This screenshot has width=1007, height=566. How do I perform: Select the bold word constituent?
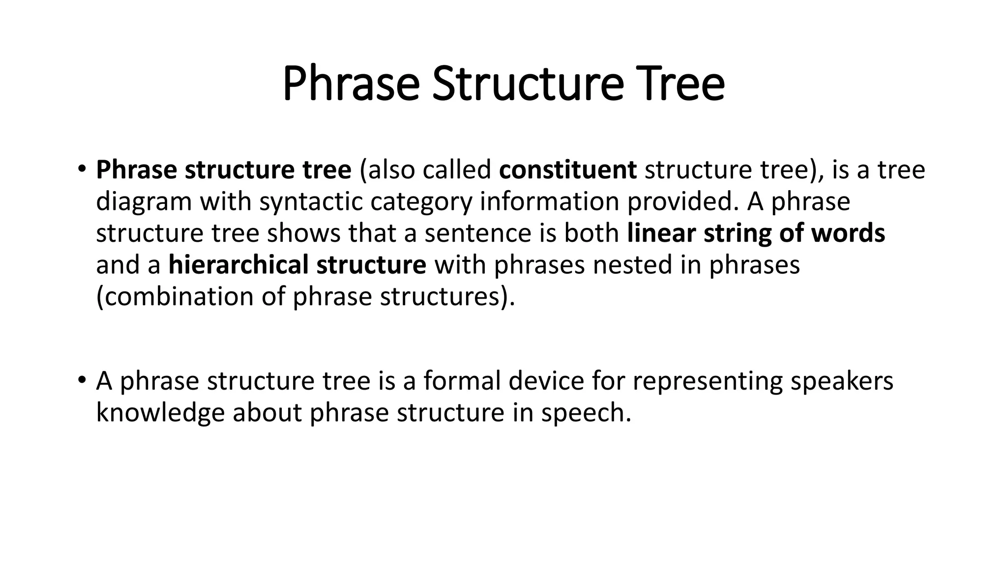[567, 170]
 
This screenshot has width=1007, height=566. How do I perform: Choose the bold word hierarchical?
[238, 265]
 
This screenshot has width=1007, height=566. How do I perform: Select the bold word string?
[737, 233]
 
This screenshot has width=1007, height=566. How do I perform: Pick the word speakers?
[841, 381]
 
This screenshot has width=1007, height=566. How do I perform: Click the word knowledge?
[160, 413]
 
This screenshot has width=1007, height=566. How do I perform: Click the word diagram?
[144, 202]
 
